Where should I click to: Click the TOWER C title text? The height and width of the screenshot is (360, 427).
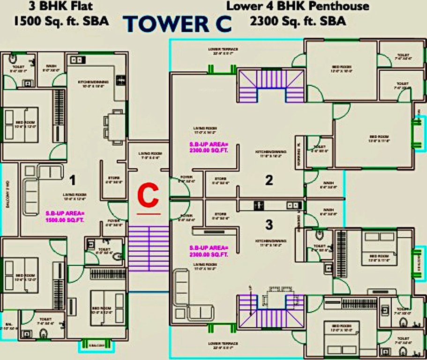[179, 23]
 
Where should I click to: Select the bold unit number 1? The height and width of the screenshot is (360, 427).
[72, 179]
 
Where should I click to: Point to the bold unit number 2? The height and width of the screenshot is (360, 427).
[269, 180]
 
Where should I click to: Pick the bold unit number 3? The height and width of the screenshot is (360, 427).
[269, 225]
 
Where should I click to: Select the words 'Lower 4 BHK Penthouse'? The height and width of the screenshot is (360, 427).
[298, 7]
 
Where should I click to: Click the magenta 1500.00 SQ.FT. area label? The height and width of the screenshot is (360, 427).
[65, 216]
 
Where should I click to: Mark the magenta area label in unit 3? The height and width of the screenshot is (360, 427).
[208, 251]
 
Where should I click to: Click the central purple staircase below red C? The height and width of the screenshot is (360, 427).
[149, 248]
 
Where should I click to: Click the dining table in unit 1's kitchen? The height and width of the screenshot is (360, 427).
[115, 127]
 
